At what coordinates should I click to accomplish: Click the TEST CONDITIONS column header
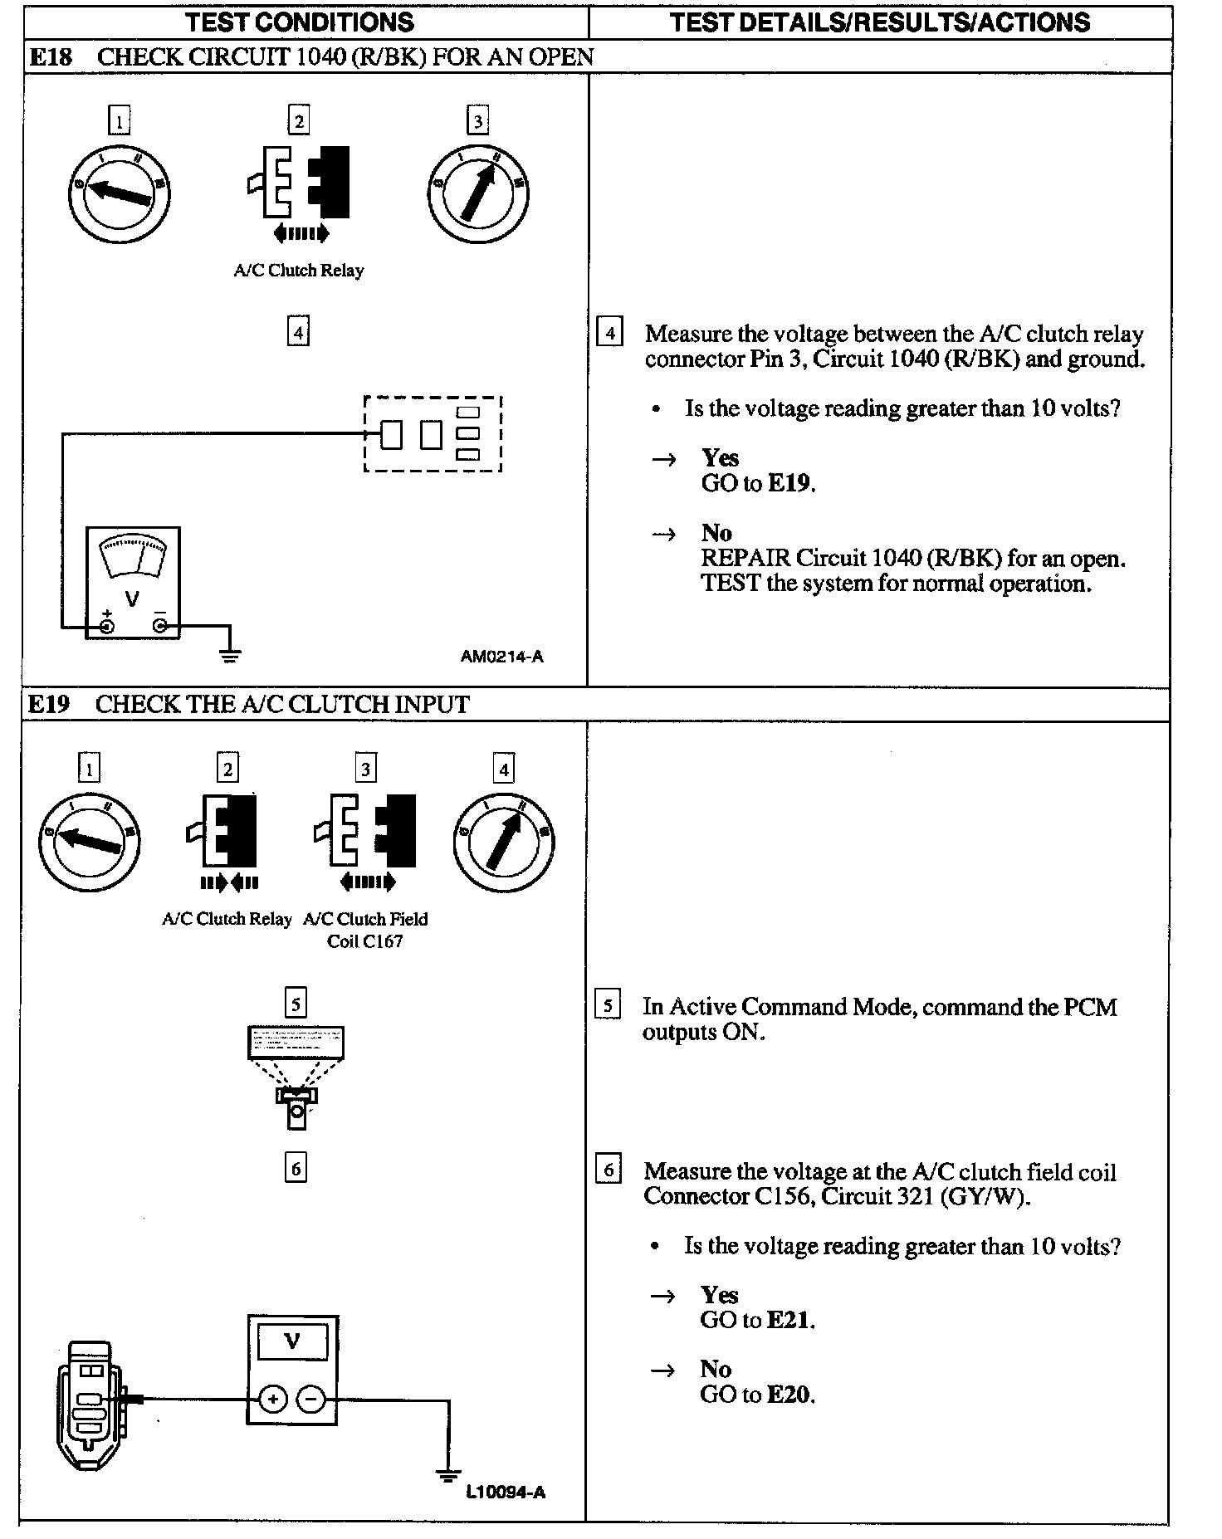pos(301,22)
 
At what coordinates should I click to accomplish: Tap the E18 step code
pos(51,57)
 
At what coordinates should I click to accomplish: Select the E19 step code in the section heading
pos(48,705)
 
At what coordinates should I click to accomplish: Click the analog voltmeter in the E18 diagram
pos(133,583)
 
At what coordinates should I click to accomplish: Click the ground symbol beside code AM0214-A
pos(230,655)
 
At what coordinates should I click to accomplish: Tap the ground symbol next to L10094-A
pos(448,1475)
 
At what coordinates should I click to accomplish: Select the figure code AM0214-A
pos(501,657)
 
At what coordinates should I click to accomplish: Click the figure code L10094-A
pos(506,1493)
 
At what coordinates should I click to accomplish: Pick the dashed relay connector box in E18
pos(433,433)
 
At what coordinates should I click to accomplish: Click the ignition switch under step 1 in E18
pos(120,193)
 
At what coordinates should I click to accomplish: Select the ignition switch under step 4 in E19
pos(504,843)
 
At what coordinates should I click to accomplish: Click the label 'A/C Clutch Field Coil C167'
pos(365,930)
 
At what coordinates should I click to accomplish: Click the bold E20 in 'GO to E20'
pos(788,1395)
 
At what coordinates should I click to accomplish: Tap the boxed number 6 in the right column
pos(609,1170)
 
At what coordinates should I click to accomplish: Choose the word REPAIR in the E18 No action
pos(745,559)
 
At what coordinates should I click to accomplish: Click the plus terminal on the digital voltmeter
pos(272,1400)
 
